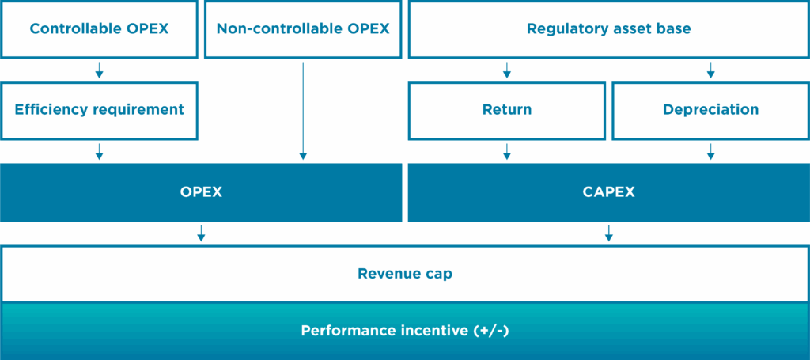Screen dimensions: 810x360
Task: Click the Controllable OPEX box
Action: pos(99,29)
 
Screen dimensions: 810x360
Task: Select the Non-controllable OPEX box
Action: pos(303,29)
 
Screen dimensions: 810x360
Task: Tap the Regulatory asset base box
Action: pos(609,29)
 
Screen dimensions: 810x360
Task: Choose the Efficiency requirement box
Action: pos(99,111)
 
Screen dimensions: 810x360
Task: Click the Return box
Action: pos(507,111)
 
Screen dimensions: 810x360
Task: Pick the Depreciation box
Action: pos(711,111)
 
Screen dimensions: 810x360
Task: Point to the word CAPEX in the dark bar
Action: pos(609,192)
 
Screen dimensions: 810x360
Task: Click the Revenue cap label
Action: pos(405,274)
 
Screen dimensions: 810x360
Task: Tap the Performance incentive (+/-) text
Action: pos(405,331)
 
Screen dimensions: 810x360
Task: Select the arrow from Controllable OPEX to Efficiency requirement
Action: pos(99,70)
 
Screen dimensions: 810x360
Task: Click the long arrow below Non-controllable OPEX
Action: pos(303,111)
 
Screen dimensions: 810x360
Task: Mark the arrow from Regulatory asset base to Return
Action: pos(507,70)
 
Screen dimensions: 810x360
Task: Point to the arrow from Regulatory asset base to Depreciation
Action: pos(711,70)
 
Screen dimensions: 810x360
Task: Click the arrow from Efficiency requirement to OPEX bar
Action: pos(99,152)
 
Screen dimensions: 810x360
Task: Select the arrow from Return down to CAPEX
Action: pos(507,152)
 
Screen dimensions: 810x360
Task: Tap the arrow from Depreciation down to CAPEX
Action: pos(711,152)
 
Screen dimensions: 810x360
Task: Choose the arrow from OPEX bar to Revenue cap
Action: pos(202,233)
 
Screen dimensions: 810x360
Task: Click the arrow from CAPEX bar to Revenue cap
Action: pos(609,233)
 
